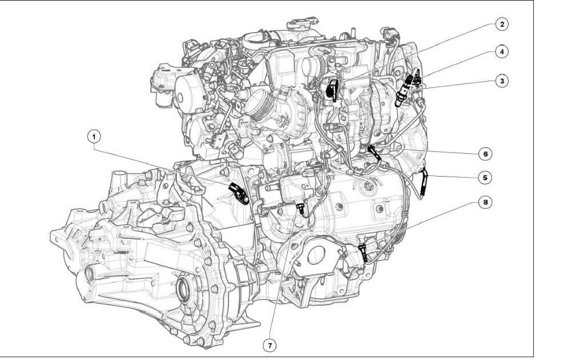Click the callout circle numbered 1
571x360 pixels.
click(x=94, y=137)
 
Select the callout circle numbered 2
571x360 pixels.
click(x=502, y=25)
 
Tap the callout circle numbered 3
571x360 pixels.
click(x=502, y=81)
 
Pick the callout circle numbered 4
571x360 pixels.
click(x=502, y=52)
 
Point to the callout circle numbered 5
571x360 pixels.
click(x=485, y=178)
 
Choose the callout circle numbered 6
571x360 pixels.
click(x=485, y=154)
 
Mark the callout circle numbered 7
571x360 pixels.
click(x=270, y=345)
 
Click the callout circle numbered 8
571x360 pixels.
click(x=485, y=202)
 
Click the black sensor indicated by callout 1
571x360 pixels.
click(x=239, y=194)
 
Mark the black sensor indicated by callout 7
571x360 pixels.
click(x=300, y=209)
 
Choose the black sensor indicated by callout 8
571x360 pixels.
click(x=364, y=253)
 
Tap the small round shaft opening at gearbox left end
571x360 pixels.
click(x=89, y=274)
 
